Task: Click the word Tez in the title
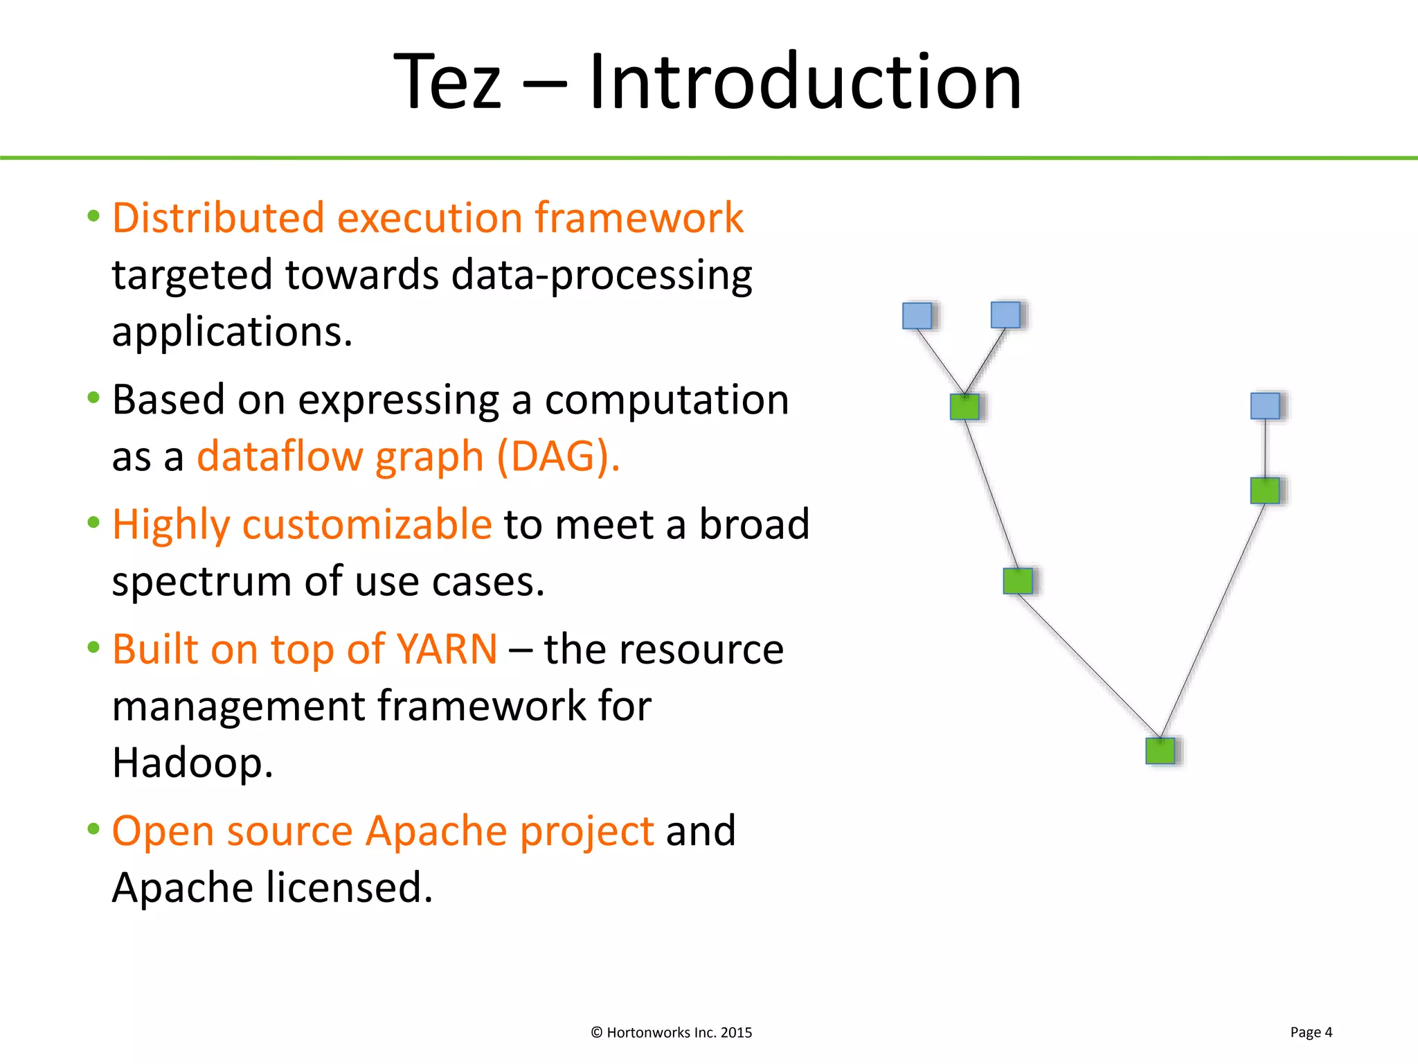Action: click(447, 82)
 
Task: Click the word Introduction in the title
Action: click(805, 82)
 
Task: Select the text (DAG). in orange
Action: click(558, 456)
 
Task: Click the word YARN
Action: click(447, 650)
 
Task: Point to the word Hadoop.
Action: click(192, 763)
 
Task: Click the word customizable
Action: click(367, 524)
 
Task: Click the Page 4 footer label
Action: click(1311, 1032)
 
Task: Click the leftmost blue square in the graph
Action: click(917, 315)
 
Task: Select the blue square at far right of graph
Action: click(1264, 406)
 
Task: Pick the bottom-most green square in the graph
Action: click(1160, 751)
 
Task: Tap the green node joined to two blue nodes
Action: click(964, 407)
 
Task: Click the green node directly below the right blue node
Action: click(1264, 490)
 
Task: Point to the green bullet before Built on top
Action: click(93, 647)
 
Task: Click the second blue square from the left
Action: click(1005, 314)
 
